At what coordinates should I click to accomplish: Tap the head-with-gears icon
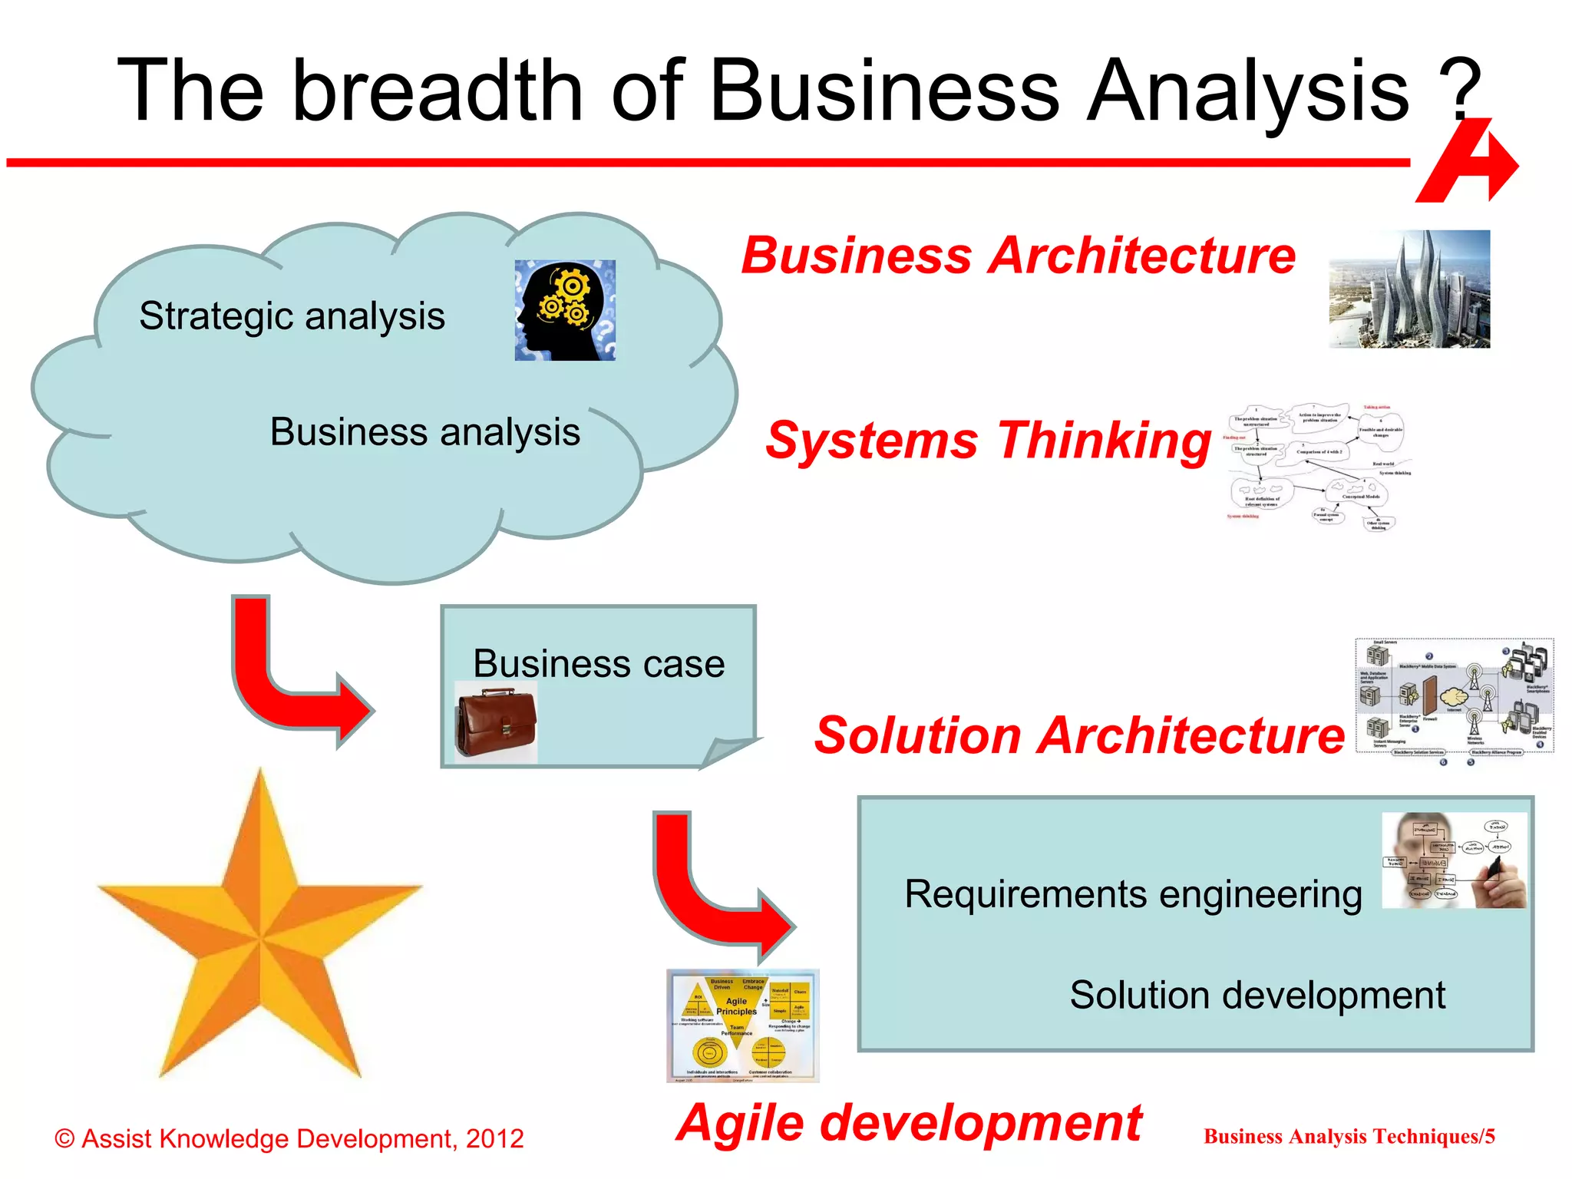(x=565, y=310)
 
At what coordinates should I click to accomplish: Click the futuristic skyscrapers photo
(x=1409, y=289)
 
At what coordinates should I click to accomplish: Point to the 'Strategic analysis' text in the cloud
(x=292, y=316)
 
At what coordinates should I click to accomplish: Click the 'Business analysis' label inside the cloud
(x=424, y=432)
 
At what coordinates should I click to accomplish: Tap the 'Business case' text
(x=599, y=664)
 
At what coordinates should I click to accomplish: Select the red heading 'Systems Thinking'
(x=988, y=441)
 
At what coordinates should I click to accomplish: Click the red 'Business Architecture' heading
(x=1018, y=256)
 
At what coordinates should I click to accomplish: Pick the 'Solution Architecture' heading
(x=1079, y=735)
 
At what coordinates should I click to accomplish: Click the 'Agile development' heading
(x=909, y=1123)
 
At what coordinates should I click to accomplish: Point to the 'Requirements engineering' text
(x=1133, y=895)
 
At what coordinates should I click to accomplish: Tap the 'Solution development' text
(x=1257, y=996)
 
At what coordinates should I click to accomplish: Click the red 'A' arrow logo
(x=1468, y=163)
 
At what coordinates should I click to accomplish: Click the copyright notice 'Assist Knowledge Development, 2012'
(x=289, y=1138)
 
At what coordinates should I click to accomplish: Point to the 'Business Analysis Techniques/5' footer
(x=1349, y=1137)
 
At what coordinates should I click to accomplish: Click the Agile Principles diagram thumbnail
(x=742, y=1025)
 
